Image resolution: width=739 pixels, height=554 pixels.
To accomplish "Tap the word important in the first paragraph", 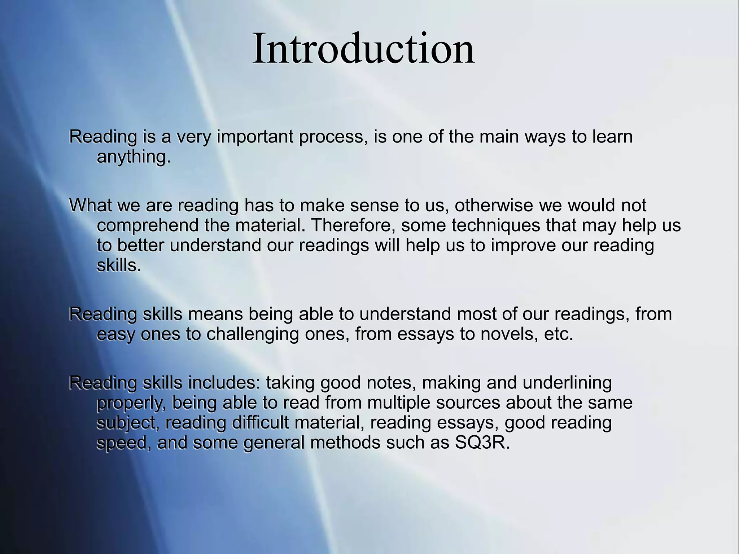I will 255,137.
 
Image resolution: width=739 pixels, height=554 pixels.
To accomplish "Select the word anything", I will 133,157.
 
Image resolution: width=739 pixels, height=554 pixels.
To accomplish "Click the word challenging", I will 253,334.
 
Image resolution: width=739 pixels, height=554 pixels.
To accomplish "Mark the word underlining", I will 567,383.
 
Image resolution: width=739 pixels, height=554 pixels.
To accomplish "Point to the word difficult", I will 260,423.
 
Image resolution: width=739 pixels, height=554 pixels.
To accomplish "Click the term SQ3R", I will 482,443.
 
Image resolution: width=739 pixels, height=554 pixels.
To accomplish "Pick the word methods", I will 345,443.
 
